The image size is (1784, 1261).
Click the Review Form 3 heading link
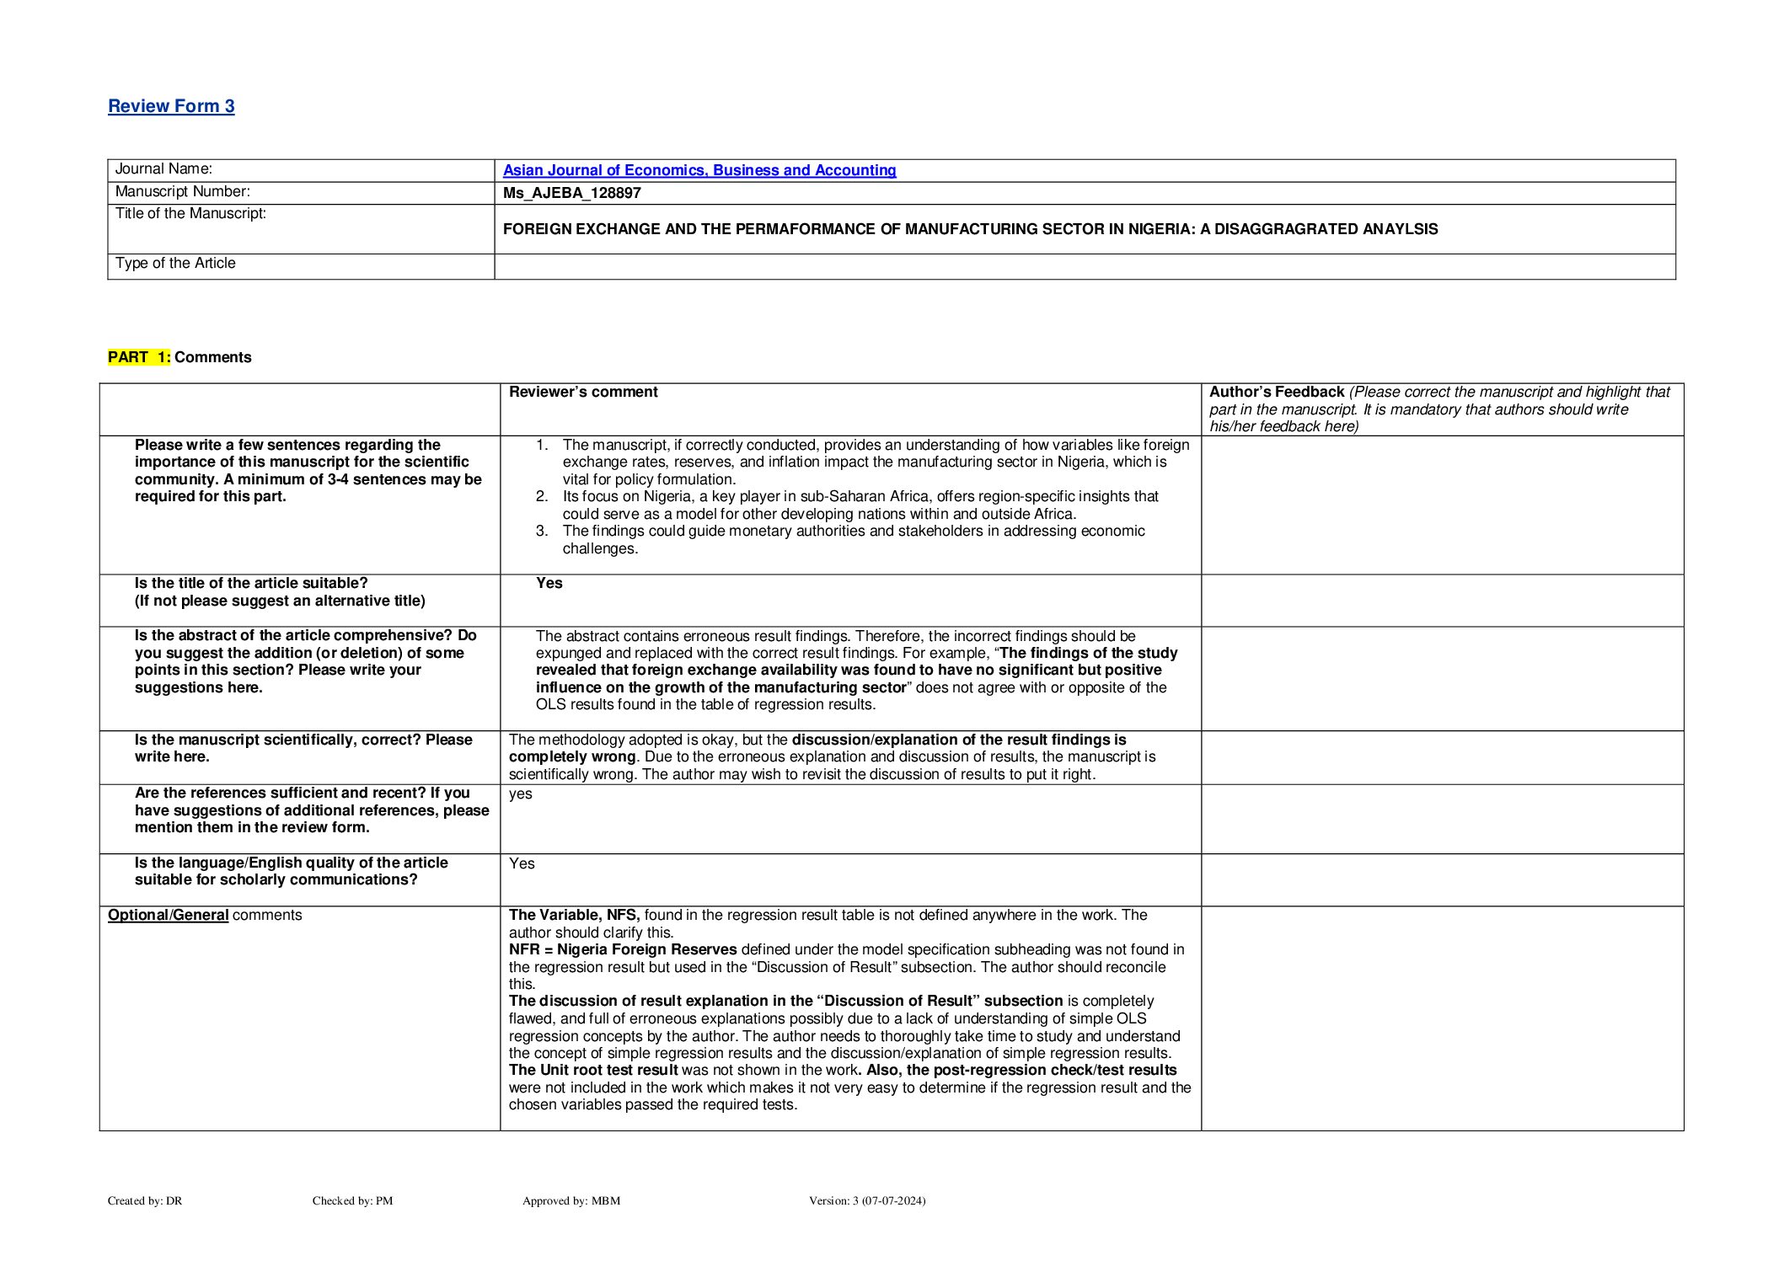pyautogui.click(x=171, y=106)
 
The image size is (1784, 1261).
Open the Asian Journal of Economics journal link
pyautogui.click(x=699, y=170)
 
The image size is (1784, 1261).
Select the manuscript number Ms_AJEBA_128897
pyautogui.click(x=571, y=193)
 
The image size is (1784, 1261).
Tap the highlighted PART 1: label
pyautogui.click(x=139, y=357)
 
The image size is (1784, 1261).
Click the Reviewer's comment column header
pyautogui.click(x=583, y=392)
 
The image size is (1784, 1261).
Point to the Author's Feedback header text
pyautogui.click(x=1276, y=392)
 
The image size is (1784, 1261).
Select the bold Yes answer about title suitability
pyautogui.click(x=549, y=583)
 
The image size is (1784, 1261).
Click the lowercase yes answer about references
pyautogui.click(x=520, y=793)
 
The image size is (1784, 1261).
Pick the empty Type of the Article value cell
pyautogui.click(x=1084, y=266)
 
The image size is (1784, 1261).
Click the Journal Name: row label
pyautogui.click(x=163, y=169)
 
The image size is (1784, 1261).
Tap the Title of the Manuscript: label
pyautogui.click(x=190, y=214)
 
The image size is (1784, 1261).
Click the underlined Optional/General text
pyautogui.click(x=168, y=915)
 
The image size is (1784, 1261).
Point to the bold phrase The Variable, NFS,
pyautogui.click(x=574, y=915)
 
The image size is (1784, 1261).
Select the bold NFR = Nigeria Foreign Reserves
pyautogui.click(x=623, y=949)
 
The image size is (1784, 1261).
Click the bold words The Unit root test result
pyautogui.click(x=593, y=1070)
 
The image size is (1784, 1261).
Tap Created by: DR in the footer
pyautogui.click(x=144, y=1200)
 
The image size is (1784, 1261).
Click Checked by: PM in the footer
pyautogui.click(x=352, y=1200)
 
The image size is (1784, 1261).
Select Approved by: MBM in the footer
pyautogui.click(x=571, y=1200)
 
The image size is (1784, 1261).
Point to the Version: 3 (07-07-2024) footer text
pyautogui.click(x=866, y=1200)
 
